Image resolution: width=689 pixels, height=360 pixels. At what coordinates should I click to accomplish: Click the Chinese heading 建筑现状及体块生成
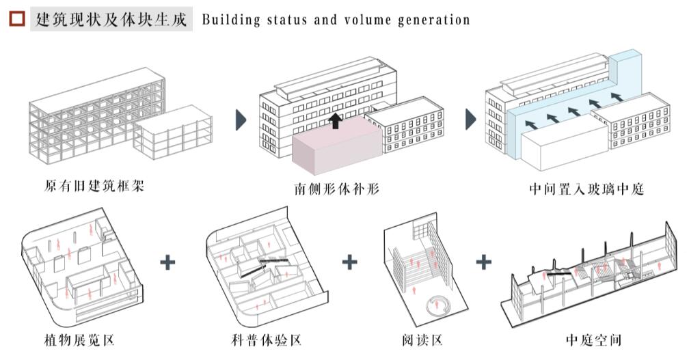[112, 19]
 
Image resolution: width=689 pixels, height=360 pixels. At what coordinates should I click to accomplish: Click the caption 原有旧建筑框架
[94, 186]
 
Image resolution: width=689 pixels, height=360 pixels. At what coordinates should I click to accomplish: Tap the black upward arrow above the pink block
[336, 121]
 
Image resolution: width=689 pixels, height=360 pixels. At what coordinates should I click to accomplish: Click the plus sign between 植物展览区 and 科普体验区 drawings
[167, 262]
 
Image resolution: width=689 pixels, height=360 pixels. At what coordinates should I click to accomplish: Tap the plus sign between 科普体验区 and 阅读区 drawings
[350, 262]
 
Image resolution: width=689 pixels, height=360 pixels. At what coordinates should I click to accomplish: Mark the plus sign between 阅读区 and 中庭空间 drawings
[483, 262]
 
